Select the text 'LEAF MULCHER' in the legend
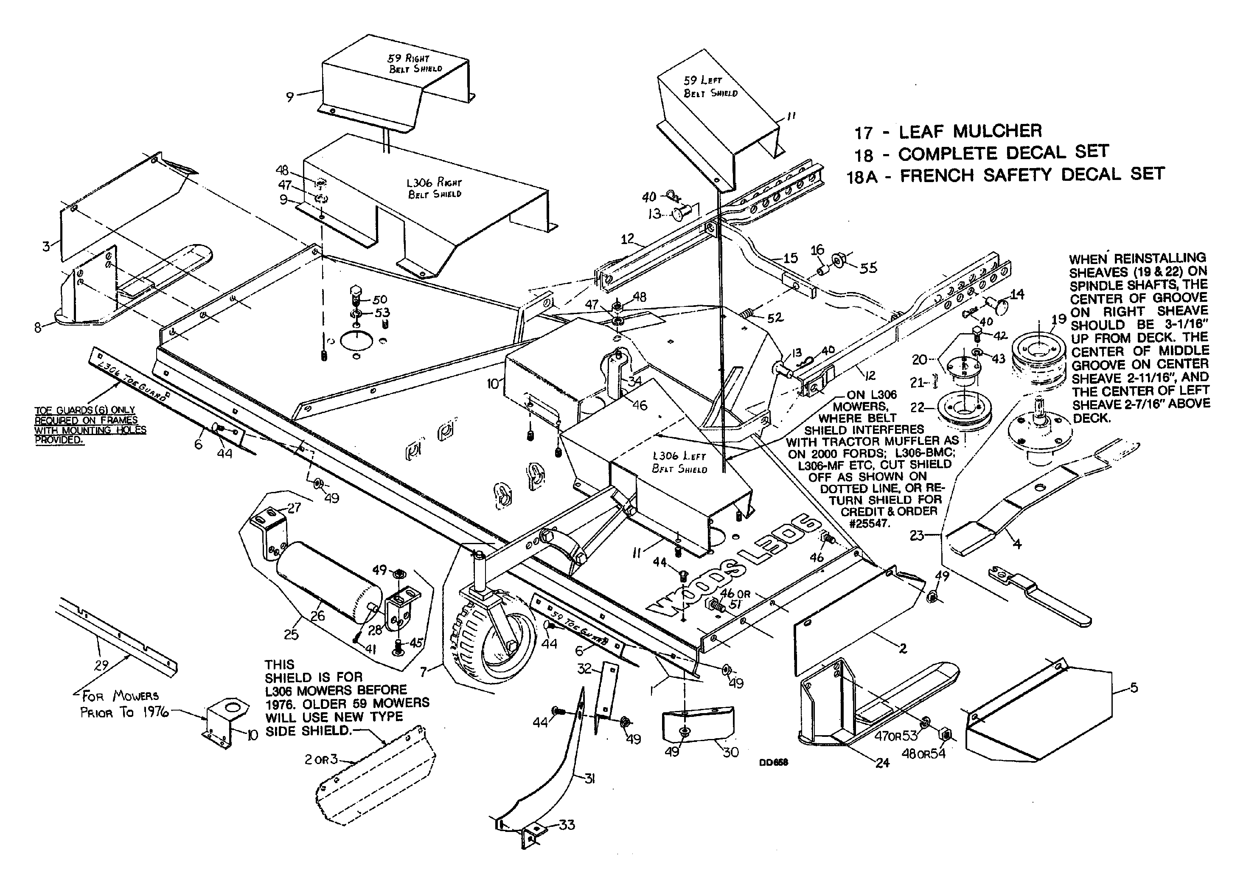[970, 131]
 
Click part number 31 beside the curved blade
[589, 779]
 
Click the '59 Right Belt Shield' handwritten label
[415, 63]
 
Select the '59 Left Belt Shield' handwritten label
[710, 87]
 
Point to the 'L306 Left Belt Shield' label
[679, 463]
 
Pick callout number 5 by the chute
[1134, 688]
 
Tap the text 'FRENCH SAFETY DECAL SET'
[1032, 175]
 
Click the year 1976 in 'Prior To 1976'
[155, 713]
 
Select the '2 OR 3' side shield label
[321, 759]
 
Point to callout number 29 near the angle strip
[101, 666]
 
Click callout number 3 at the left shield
[46, 246]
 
